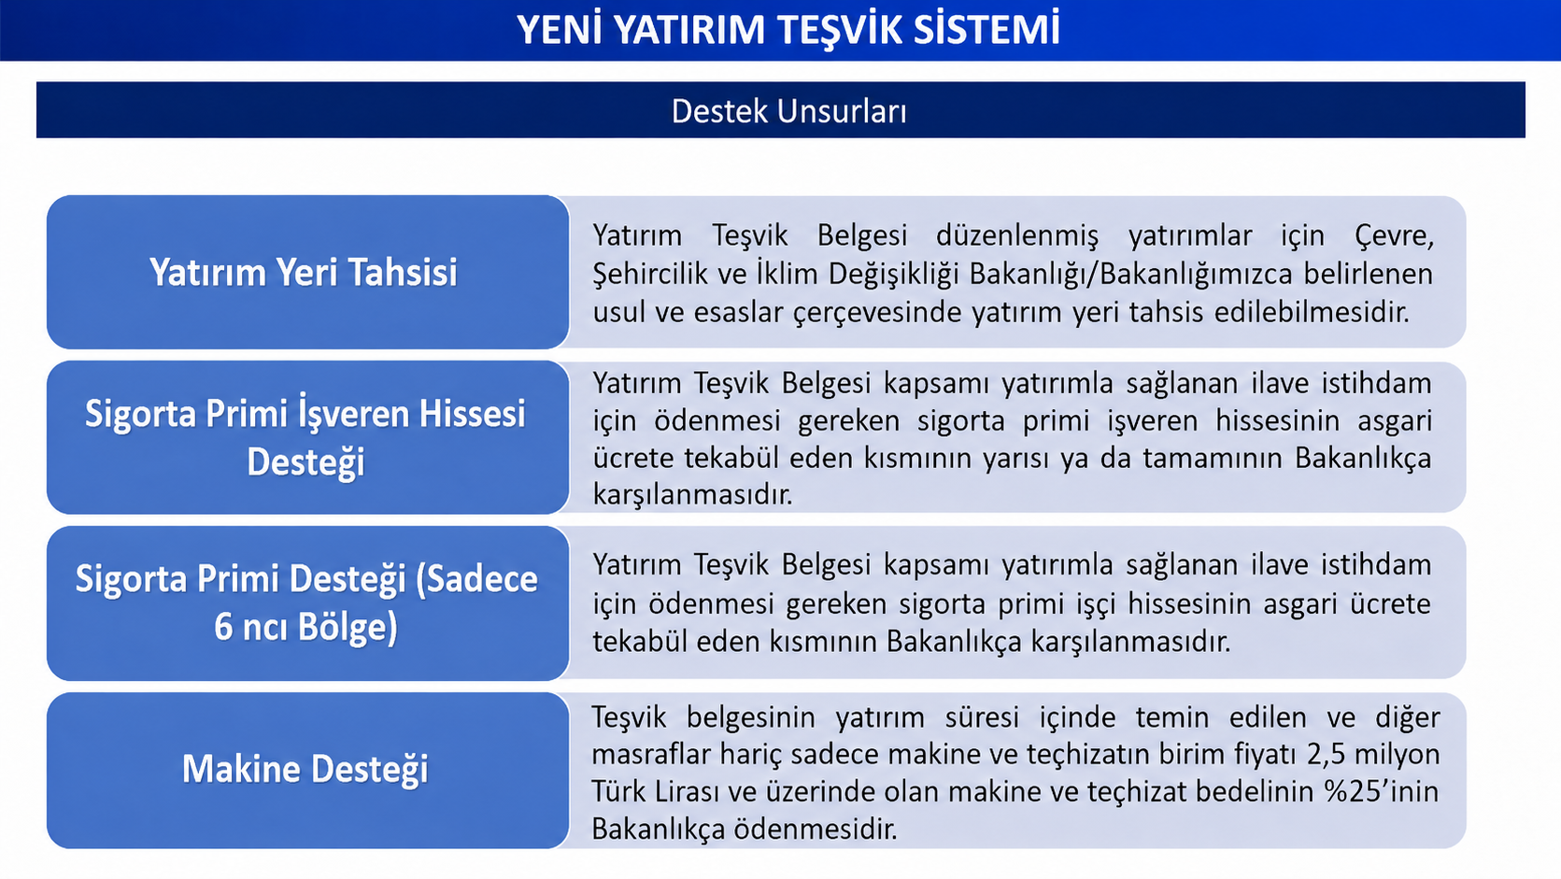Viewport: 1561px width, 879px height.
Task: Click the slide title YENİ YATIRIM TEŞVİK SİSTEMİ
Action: coord(788,29)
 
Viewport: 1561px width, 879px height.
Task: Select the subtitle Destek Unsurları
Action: coord(788,111)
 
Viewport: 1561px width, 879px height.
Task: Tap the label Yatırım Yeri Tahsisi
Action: coord(304,272)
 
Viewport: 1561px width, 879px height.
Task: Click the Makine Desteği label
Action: coord(305,770)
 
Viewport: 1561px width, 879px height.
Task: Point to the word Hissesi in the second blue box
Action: coord(472,414)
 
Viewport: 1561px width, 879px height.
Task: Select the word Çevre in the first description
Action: coord(1395,236)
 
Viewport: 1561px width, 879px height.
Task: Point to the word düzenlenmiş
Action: coord(1016,235)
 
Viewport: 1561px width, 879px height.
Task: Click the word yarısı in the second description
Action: coord(1015,459)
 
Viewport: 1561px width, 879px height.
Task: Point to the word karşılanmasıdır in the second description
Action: coord(693,496)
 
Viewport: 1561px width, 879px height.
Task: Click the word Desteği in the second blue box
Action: coord(305,462)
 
